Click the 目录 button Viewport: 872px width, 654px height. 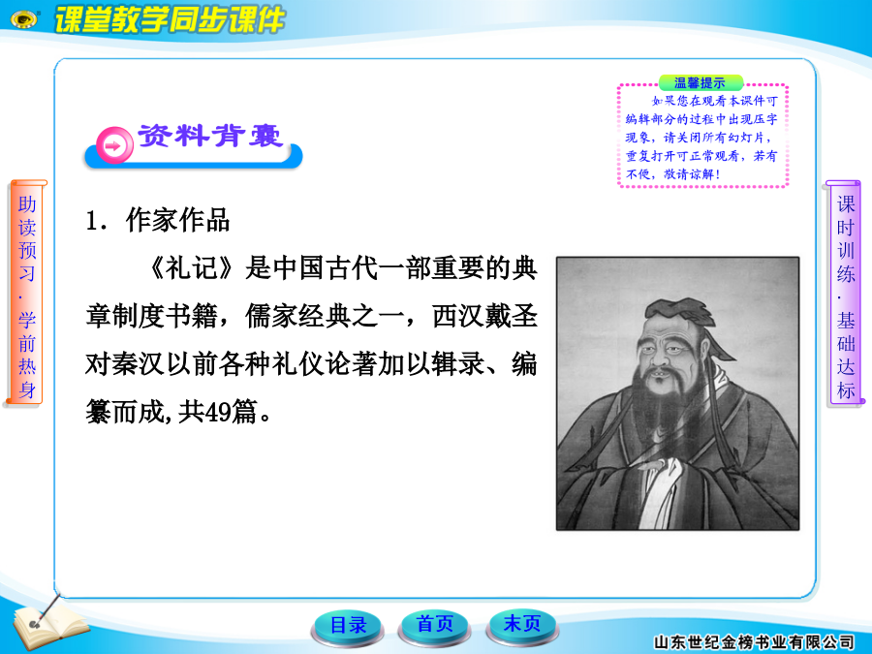coord(348,625)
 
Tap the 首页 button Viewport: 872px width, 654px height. coord(434,624)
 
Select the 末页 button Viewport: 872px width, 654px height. coord(522,624)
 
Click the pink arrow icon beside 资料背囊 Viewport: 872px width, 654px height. coord(114,146)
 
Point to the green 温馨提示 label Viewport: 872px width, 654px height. coord(701,83)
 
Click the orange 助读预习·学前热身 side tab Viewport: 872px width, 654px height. coord(26,293)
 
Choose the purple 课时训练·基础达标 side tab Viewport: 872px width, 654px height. coord(845,293)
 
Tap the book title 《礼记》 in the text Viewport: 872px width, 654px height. coord(191,268)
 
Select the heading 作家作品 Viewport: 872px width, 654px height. coord(177,221)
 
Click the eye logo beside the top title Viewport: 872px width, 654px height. coord(25,19)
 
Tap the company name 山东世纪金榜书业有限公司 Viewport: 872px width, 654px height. coord(753,642)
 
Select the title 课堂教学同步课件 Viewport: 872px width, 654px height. coord(171,20)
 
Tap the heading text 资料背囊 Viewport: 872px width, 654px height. coord(211,137)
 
